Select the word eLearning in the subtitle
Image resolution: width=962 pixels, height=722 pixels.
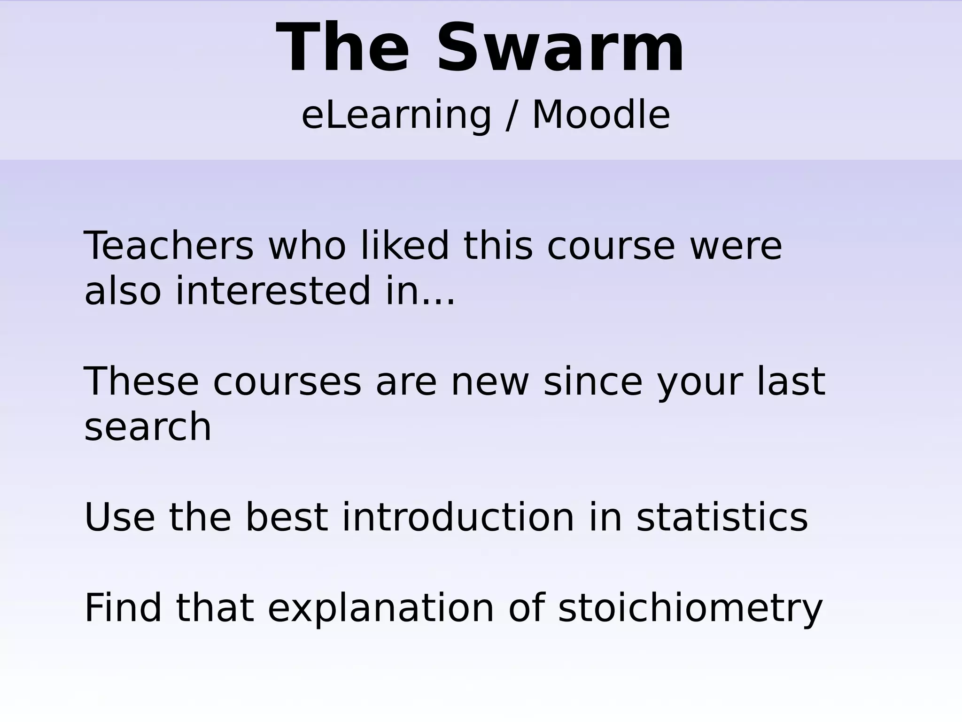(396, 115)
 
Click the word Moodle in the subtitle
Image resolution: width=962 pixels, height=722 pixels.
(601, 115)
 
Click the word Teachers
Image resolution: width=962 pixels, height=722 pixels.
(169, 246)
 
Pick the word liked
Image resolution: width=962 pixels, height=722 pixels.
(404, 246)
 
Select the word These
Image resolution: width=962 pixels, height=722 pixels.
(141, 381)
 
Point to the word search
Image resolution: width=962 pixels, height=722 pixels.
(147, 427)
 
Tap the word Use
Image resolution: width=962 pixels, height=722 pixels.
(119, 517)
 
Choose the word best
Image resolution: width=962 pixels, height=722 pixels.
(287, 517)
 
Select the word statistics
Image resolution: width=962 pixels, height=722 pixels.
(722, 517)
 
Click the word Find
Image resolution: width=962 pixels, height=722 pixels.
(123, 608)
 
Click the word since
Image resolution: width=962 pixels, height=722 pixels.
(593, 381)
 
